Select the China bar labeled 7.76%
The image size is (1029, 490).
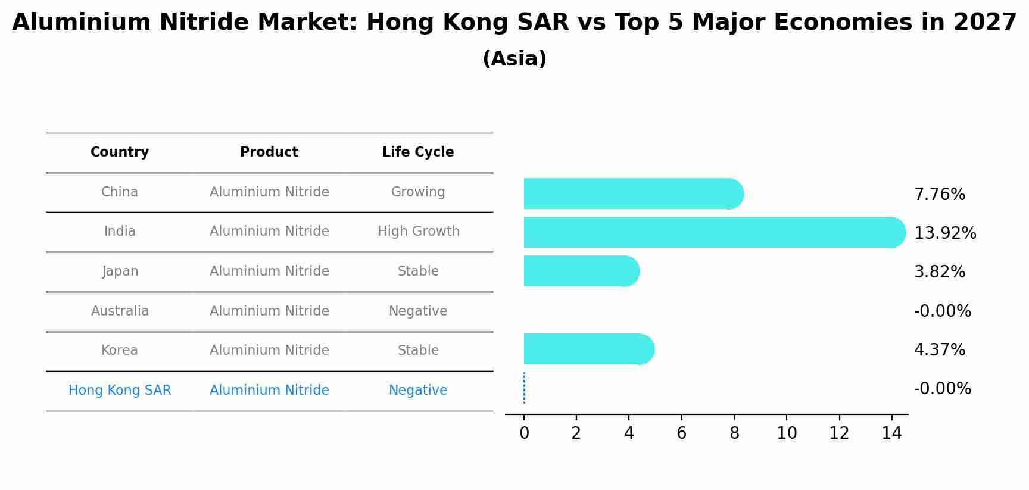pos(631,193)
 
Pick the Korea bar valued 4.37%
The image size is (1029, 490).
pos(587,349)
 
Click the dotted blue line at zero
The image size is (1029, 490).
pos(524,388)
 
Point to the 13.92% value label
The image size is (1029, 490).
pos(944,233)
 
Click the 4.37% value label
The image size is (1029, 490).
pos(939,349)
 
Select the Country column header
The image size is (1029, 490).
pos(120,152)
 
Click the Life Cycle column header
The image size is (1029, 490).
pos(418,152)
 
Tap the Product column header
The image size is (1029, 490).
pos(269,152)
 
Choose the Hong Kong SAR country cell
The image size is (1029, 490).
pos(120,391)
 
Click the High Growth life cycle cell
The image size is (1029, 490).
pos(418,232)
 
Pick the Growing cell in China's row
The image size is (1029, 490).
pos(418,192)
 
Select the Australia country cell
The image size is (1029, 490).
pos(120,311)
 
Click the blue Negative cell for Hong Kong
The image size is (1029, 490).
pos(418,391)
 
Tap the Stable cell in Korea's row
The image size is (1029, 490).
pos(418,351)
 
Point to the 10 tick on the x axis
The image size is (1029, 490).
pos(787,433)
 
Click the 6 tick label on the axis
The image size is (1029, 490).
pos(681,433)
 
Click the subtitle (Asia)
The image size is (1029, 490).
pos(514,59)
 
